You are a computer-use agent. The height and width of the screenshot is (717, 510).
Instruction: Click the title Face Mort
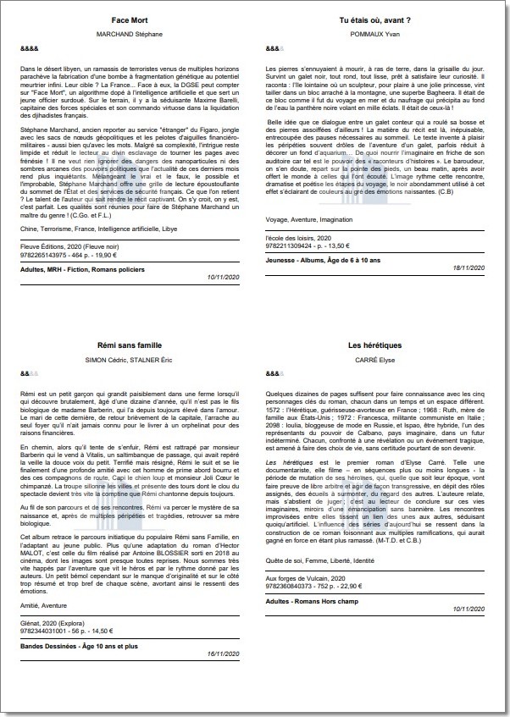point(130,19)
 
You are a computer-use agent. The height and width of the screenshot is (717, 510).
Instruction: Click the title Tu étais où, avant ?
point(374,19)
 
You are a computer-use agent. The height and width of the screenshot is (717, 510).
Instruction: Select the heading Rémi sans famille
point(130,345)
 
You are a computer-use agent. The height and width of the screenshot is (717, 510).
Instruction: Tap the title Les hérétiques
point(374,345)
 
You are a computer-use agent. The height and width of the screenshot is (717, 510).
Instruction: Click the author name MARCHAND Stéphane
point(130,34)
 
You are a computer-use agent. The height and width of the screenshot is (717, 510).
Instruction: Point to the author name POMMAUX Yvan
point(374,34)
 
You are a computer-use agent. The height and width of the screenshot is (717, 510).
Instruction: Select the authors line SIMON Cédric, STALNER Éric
point(130,361)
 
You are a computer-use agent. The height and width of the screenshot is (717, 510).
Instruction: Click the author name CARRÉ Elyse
point(374,361)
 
